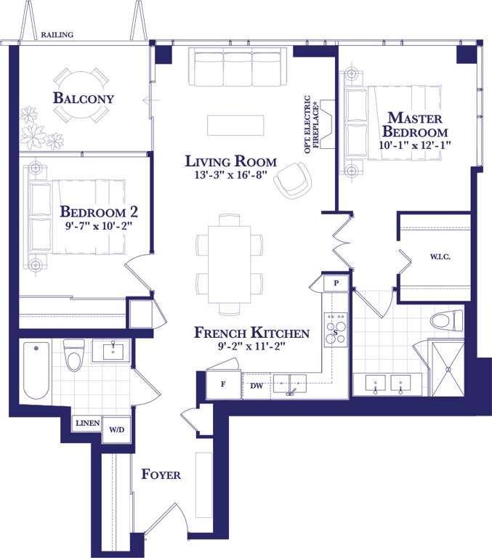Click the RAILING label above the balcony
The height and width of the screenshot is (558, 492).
(57, 35)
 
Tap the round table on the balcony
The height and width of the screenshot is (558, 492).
(81, 94)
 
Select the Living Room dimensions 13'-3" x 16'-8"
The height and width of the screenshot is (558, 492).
(230, 175)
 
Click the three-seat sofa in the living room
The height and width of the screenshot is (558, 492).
(238, 67)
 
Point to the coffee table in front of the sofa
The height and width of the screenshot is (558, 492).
(235, 125)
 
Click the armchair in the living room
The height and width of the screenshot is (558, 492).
(293, 180)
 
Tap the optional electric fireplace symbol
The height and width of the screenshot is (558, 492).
(328, 124)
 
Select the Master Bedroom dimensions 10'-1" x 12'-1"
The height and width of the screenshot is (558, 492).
(415, 145)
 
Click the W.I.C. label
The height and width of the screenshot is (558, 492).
(440, 256)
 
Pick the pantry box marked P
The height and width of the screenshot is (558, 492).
(336, 283)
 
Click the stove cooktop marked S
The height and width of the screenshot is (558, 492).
(335, 331)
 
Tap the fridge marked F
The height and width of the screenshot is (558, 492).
(224, 384)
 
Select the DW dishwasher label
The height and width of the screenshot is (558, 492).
(257, 385)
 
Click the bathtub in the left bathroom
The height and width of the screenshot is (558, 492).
(36, 371)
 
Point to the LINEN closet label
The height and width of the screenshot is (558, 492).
(88, 423)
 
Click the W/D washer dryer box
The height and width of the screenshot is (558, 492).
(116, 429)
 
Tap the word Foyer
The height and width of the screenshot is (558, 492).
(161, 474)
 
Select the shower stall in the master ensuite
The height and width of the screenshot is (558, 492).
(448, 369)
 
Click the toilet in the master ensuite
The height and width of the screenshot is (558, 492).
(446, 320)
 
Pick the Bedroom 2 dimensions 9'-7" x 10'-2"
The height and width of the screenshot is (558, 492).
(98, 226)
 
